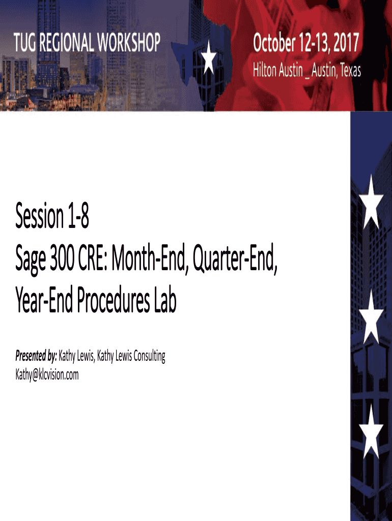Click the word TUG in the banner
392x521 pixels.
tap(25, 42)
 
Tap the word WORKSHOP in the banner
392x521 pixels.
tap(128, 42)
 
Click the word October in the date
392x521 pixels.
tap(274, 43)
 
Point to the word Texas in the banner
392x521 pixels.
tap(350, 70)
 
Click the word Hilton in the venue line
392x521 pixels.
tap(265, 70)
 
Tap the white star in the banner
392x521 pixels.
tap(209, 57)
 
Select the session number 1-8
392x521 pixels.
tap(78, 216)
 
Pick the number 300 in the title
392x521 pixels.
tap(62, 258)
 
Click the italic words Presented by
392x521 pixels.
tap(36, 356)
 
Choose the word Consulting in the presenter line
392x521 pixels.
tap(149, 356)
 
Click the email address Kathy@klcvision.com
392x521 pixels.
tap(47, 374)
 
